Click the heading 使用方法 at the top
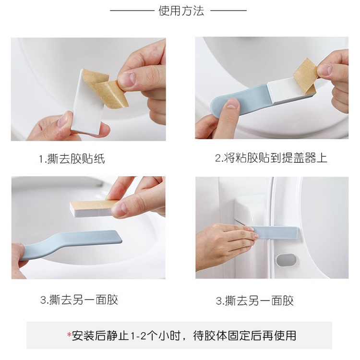click(181, 11)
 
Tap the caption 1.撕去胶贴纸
click(72, 159)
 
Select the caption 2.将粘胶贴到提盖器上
click(271, 158)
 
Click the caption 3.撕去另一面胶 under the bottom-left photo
click(79, 300)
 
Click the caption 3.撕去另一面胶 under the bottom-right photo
click(254, 300)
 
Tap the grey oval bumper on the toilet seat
click(286, 260)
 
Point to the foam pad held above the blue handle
click(94, 208)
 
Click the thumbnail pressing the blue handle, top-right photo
click(232, 104)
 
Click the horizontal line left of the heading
click(132, 11)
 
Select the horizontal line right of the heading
click(228, 11)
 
